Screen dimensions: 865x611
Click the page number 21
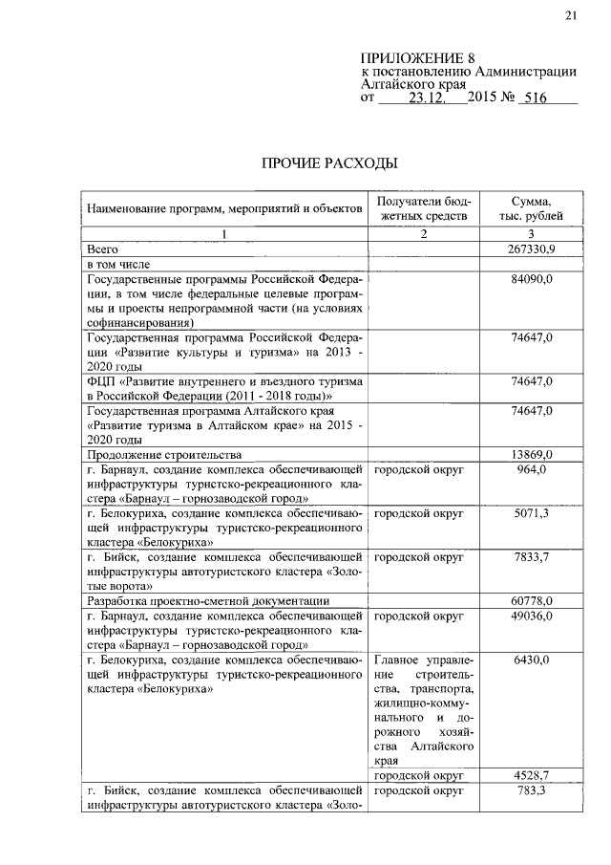(x=572, y=13)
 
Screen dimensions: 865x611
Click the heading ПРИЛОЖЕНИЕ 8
(x=417, y=59)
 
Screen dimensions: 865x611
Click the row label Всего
(x=102, y=249)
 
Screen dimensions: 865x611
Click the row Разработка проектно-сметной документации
(x=208, y=601)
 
